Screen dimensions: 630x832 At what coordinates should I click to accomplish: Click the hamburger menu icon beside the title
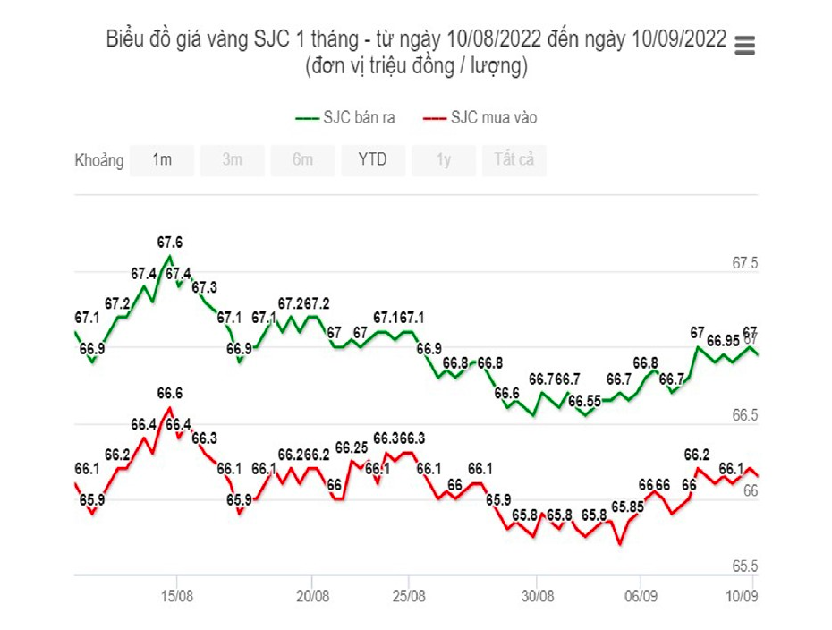click(744, 46)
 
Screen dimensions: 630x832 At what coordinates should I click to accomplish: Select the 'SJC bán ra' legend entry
click(345, 118)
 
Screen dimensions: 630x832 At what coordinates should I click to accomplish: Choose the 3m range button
click(232, 160)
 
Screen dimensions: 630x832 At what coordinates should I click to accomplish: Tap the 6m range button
click(302, 160)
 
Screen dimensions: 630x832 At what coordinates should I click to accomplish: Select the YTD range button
click(372, 160)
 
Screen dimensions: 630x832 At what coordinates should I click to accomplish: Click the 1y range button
click(443, 160)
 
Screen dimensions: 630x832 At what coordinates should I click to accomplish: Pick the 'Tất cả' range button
click(514, 160)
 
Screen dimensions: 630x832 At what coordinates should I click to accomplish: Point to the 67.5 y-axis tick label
click(745, 264)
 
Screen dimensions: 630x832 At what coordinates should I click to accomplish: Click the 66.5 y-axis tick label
click(745, 416)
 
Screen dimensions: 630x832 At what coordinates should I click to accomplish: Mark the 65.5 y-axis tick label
click(745, 566)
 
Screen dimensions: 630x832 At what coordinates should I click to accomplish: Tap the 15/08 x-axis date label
click(177, 596)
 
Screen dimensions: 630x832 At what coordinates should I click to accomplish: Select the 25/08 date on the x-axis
click(408, 596)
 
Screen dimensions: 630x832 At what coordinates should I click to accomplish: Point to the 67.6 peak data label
click(170, 243)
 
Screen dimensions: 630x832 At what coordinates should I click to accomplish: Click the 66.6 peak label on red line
click(170, 394)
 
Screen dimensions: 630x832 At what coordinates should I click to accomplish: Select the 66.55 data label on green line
click(583, 401)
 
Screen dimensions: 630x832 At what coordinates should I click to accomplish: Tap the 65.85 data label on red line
click(628, 507)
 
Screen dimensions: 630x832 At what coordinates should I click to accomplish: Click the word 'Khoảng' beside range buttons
click(98, 161)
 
